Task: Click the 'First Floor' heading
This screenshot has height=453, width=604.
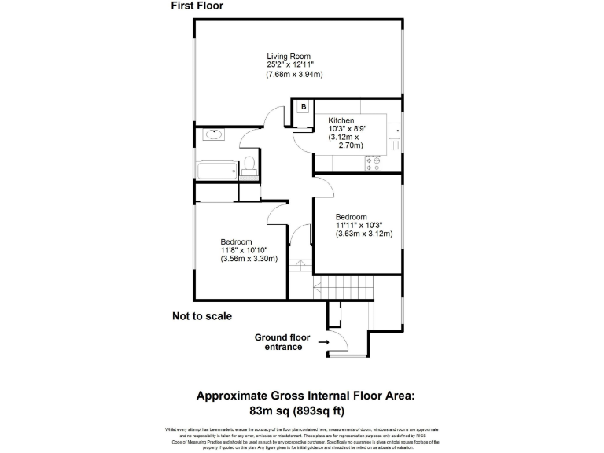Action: coord(197,6)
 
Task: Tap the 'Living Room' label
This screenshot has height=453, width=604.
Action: coord(288,56)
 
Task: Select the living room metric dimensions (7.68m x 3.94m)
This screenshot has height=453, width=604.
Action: coord(295,75)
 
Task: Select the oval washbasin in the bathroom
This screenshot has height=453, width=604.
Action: coord(212,134)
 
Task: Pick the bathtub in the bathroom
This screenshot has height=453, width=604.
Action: coord(215,169)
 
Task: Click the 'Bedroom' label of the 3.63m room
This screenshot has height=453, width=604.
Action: coord(351,217)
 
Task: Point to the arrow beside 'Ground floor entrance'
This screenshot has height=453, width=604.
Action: coord(322,343)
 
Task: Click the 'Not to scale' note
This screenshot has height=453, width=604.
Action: coord(202,316)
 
